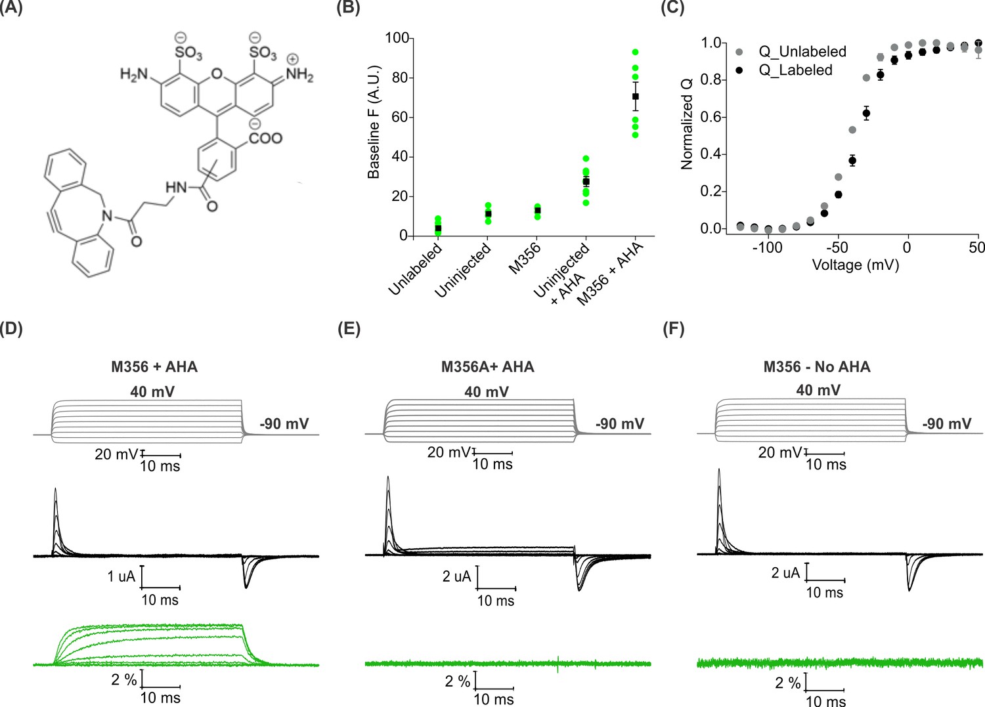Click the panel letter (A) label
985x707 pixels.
click(x=11, y=7)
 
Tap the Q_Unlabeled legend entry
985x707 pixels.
click(x=802, y=51)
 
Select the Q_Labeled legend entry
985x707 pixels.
click(x=795, y=70)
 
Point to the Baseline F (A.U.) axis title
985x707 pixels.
click(x=374, y=122)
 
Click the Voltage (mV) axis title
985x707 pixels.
click(x=855, y=265)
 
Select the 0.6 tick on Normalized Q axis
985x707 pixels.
click(x=711, y=118)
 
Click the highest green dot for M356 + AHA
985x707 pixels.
click(x=635, y=52)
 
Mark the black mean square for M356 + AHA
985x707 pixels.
click(x=635, y=96)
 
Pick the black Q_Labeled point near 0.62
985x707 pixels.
click(x=866, y=114)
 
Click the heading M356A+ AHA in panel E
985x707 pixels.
click(x=487, y=367)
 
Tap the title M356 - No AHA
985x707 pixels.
click(x=817, y=367)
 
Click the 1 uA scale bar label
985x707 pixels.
click(x=121, y=576)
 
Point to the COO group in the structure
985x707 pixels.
click(x=265, y=138)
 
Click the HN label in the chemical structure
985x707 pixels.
click(x=177, y=188)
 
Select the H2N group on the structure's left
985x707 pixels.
click(x=135, y=74)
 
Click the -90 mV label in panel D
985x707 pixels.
click(x=284, y=424)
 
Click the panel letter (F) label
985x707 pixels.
click(x=673, y=329)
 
